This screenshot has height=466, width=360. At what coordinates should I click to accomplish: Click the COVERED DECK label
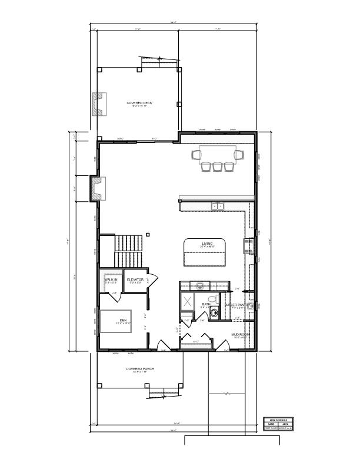(x=139, y=103)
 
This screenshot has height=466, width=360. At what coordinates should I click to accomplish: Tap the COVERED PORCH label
(x=139, y=369)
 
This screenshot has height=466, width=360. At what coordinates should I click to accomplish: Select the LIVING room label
(x=207, y=244)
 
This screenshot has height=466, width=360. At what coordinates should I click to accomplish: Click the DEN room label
(x=123, y=320)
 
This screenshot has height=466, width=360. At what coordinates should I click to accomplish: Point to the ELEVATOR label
(x=135, y=279)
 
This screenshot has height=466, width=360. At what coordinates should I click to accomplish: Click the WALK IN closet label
(x=111, y=279)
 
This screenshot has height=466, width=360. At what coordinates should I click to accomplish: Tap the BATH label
(x=206, y=304)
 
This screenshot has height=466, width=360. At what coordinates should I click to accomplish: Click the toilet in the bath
(x=214, y=313)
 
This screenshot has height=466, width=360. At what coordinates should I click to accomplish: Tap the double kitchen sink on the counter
(x=218, y=206)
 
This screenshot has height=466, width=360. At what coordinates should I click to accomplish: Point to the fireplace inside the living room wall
(x=95, y=188)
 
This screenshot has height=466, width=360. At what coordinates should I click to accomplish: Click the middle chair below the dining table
(x=216, y=167)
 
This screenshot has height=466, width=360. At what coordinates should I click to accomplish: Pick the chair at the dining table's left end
(x=196, y=155)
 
